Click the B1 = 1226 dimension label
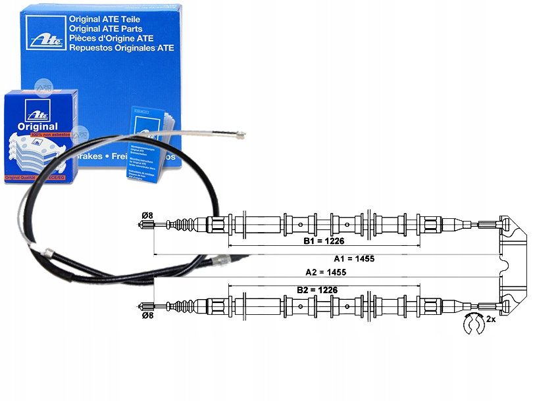point(323,241)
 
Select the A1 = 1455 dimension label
point(354,258)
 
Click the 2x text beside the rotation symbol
point(490,319)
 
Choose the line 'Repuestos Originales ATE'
point(121,48)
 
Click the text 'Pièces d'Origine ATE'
point(113,39)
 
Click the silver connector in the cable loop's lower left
point(48,252)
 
